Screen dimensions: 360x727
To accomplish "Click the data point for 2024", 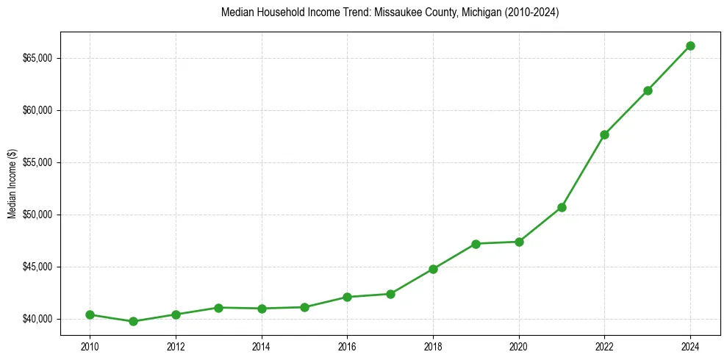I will [x=690, y=46].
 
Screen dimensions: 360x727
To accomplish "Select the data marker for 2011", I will [x=133, y=321].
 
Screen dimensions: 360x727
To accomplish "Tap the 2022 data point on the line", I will [x=604, y=134].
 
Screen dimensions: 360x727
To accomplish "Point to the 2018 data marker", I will [x=433, y=269].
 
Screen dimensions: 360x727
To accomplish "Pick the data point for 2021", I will [x=562, y=207].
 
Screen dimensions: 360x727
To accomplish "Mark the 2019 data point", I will [x=476, y=244].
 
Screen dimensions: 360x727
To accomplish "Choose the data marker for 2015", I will [x=304, y=307].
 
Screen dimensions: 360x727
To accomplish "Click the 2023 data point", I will [x=648, y=90].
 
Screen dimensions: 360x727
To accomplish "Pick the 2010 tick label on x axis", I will [x=90, y=346].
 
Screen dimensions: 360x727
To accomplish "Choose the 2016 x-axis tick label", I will [x=347, y=346].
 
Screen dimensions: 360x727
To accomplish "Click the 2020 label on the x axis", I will [x=519, y=346].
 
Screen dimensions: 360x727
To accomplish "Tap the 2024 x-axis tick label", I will [x=690, y=346].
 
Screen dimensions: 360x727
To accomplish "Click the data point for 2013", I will [x=218, y=307].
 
